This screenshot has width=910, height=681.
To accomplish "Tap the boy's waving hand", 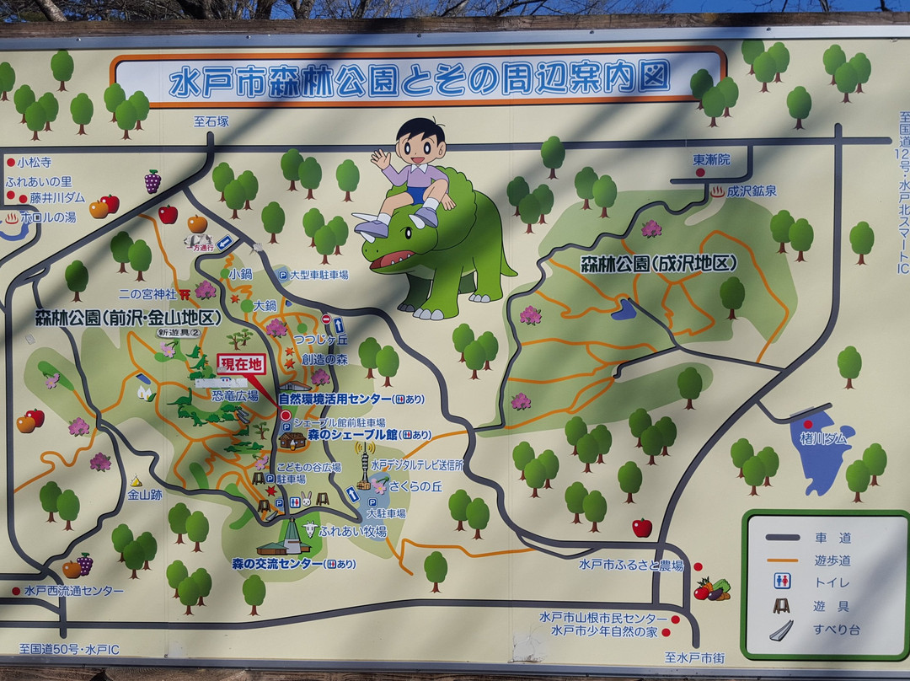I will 381,158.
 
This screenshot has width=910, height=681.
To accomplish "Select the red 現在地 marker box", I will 241,364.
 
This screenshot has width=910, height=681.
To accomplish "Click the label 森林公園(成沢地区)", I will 658,263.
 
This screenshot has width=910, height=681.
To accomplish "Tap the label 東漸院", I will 712,159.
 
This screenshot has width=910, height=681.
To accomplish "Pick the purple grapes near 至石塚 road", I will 153,181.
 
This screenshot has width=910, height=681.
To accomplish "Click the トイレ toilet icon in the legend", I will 782,581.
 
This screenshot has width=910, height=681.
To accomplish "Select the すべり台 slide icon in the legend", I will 781,630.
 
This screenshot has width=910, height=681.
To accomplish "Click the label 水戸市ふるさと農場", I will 631,565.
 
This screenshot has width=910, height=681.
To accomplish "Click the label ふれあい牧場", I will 352,532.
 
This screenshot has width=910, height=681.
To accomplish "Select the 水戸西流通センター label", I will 73,591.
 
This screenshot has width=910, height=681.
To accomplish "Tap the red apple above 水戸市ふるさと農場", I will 642,528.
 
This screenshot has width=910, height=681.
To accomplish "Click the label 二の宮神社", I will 147,294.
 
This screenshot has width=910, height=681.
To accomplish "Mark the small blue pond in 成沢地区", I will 624,309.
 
